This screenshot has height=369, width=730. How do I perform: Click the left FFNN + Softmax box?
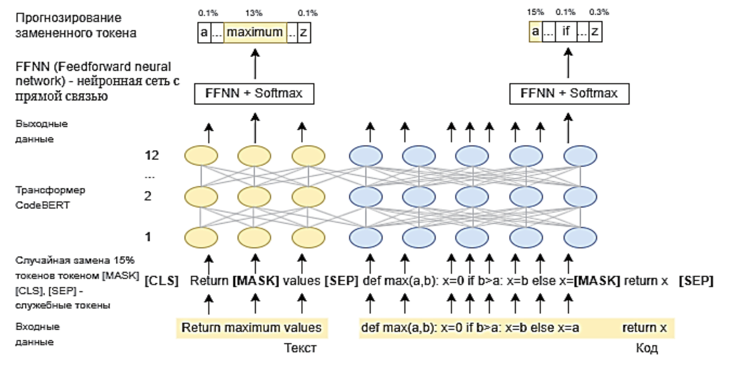pyautogui.click(x=254, y=94)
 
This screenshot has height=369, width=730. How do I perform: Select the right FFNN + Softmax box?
pyautogui.click(x=569, y=94)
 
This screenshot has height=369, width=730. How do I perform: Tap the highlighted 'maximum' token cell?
pyautogui.click(x=255, y=32)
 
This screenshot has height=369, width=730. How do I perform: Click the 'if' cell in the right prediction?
pyautogui.click(x=566, y=31)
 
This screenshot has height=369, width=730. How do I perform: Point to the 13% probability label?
pyautogui.click(x=254, y=13)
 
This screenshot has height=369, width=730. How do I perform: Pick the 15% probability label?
pyautogui.click(x=535, y=12)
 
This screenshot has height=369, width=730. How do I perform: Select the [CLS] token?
pyautogui.click(x=161, y=281)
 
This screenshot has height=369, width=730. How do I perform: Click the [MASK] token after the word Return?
pyautogui.click(x=256, y=281)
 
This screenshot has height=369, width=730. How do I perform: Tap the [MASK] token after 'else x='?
pyautogui.click(x=596, y=281)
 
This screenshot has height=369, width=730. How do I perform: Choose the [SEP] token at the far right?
pyautogui.click(x=696, y=281)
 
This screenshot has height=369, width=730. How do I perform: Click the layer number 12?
pyautogui.click(x=152, y=155)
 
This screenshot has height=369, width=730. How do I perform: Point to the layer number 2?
pyautogui.click(x=148, y=196)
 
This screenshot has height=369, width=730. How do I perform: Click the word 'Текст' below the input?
pyautogui.click(x=300, y=348)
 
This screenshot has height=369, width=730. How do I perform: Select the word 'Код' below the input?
pyautogui.click(x=646, y=348)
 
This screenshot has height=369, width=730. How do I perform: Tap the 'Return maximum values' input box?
pyautogui.click(x=252, y=328)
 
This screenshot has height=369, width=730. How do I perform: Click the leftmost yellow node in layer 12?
pyautogui.click(x=201, y=156)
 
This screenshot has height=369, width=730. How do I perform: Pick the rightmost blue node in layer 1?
pyautogui.click(x=580, y=237)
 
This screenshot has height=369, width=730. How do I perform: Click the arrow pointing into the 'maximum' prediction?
pyautogui.click(x=255, y=64)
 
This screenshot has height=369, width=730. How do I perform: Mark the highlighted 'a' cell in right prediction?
pyautogui.click(x=535, y=31)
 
